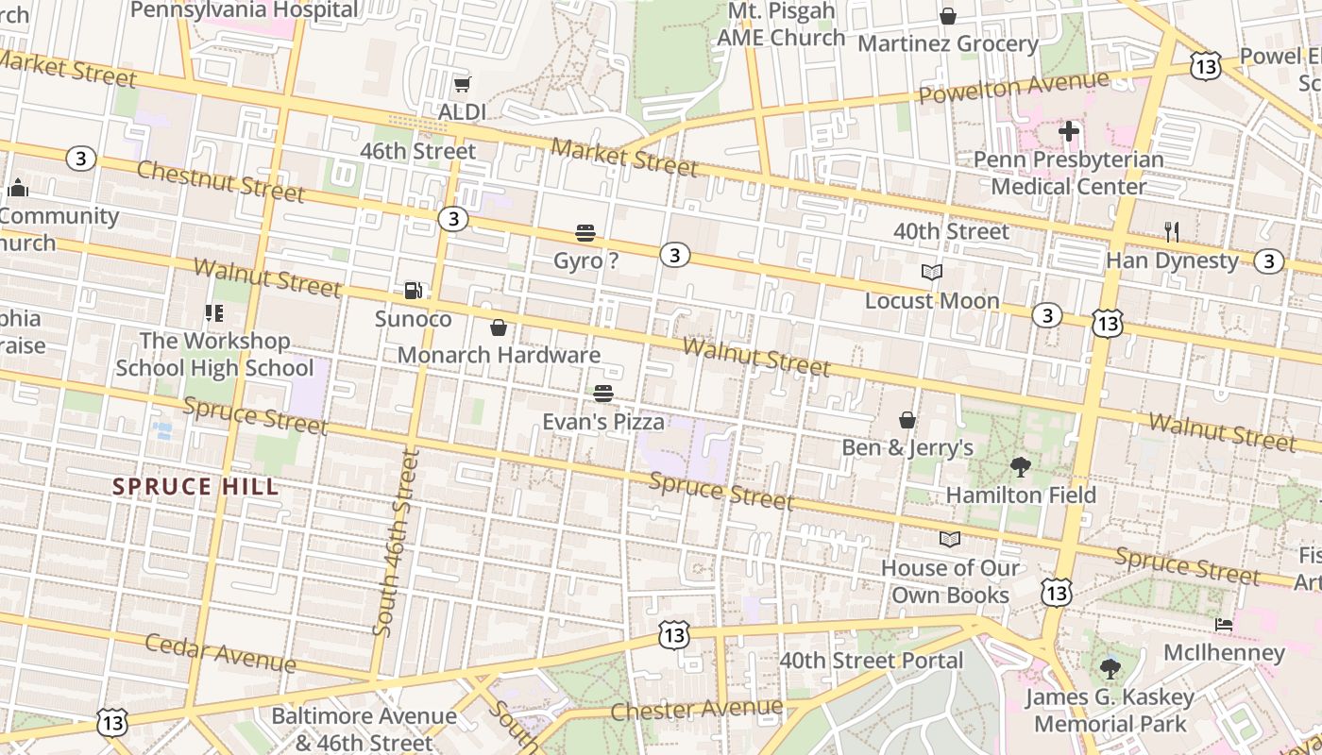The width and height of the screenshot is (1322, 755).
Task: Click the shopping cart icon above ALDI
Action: pyautogui.click(x=462, y=86)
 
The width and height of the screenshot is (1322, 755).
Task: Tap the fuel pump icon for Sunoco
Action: pyautogui.click(x=413, y=291)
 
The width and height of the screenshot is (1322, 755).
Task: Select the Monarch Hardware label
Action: pyautogui.click(x=499, y=355)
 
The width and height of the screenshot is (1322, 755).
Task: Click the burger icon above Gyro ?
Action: pyautogui.click(x=585, y=232)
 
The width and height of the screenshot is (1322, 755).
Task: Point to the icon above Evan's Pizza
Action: pyautogui.click(x=603, y=394)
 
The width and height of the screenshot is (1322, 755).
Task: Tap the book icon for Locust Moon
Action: pyautogui.click(x=932, y=273)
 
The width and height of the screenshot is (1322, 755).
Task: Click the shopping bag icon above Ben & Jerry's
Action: pyautogui.click(x=907, y=419)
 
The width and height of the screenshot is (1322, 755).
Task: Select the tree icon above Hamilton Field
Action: pyautogui.click(x=1020, y=466)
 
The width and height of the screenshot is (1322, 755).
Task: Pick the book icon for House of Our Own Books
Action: pyautogui.click(x=950, y=539)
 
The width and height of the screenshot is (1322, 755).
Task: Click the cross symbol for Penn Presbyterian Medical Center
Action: pyautogui.click(x=1069, y=131)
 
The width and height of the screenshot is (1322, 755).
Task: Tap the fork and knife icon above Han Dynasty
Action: pyautogui.click(x=1172, y=231)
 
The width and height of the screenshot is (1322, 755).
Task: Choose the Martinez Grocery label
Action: pyautogui.click(x=947, y=43)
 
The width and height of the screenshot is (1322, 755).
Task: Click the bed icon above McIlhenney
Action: pyautogui.click(x=1224, y=625)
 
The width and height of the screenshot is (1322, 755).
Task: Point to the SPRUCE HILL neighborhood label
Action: pyautogui.click(x=195, y=487)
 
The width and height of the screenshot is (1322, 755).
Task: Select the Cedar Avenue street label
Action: pyautogui.click(x=221, y=652)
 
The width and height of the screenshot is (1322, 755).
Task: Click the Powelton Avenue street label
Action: pyautogui.click(x=1013, y=87)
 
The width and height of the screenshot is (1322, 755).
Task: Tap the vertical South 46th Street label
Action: pyautogui.click(x=396, y=543)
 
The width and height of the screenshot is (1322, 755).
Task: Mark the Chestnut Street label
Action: pyautogui.click(x=221, y=181)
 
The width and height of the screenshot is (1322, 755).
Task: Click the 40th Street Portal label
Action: pyautogui.click(x=871, y=660)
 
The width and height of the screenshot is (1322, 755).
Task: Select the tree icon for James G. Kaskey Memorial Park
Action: pyautogui.click(x=1110, y=669)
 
